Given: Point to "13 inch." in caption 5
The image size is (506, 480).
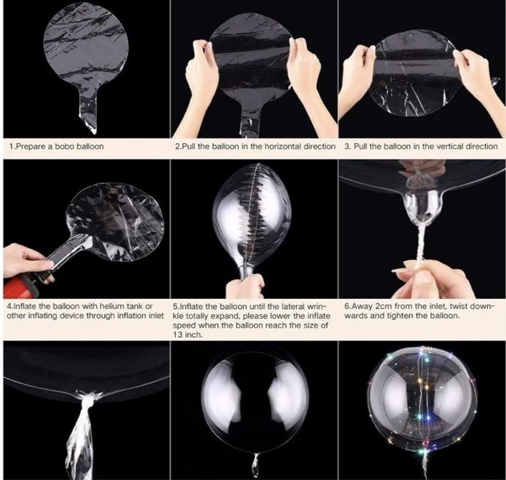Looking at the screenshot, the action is [x=188, y=334].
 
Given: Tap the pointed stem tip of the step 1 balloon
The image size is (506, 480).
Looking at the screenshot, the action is [x=94, y=132].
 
